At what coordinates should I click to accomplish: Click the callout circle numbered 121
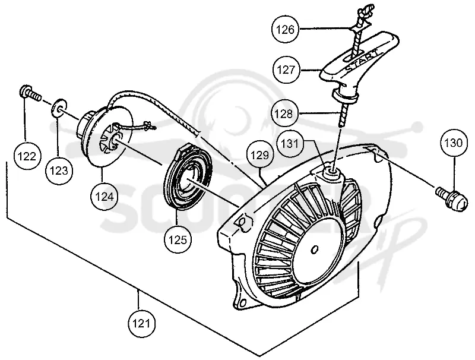pos(141,324)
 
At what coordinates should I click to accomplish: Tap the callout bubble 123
pos(59,171)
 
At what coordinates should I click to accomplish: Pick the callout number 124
pos(104,197)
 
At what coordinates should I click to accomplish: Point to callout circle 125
pos(178,240)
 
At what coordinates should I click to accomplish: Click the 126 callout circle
pos(285,30)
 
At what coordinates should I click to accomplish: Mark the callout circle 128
pos(284,113)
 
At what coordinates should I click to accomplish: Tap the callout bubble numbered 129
pos(260,156)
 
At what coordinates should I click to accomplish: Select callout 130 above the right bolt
pos(454,143)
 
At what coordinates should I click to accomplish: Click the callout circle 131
pos(290,143)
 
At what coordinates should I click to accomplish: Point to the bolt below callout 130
pos(451,199)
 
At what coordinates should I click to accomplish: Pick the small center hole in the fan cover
pos(315,249)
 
